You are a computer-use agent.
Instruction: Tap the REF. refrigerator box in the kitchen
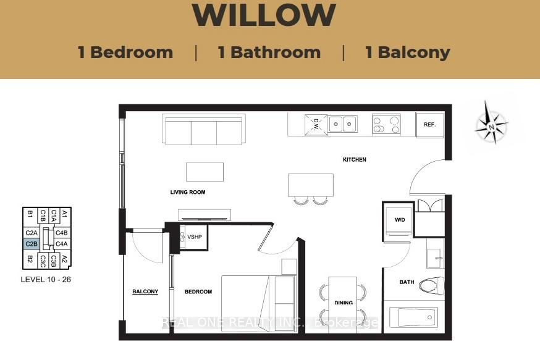click(430, 125)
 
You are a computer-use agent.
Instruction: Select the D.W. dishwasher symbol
click(316, 125)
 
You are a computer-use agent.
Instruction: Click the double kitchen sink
click(342, 124)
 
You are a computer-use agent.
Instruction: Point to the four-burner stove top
click(386, 124)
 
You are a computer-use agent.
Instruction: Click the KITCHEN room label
click(355, 159)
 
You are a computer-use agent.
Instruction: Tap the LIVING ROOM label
click(188, 192)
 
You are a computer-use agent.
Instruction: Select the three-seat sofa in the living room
click(204, 130)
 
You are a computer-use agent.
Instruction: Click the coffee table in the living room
click(205, 172)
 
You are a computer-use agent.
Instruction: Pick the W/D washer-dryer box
click(399, 220)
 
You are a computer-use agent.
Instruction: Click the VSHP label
click(195, 237)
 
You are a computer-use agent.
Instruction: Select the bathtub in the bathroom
click(413, 317)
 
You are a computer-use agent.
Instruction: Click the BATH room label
click(407, 282)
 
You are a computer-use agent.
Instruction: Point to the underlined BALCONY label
click(145, 291)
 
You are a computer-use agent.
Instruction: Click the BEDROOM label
click(198, 291)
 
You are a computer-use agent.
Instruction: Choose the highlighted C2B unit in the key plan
click(32, 244)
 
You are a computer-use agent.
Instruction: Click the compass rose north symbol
click(491, 122)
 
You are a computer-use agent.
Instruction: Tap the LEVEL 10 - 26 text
click(46, 280)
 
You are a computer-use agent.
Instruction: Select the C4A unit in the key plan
click(62, 244)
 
